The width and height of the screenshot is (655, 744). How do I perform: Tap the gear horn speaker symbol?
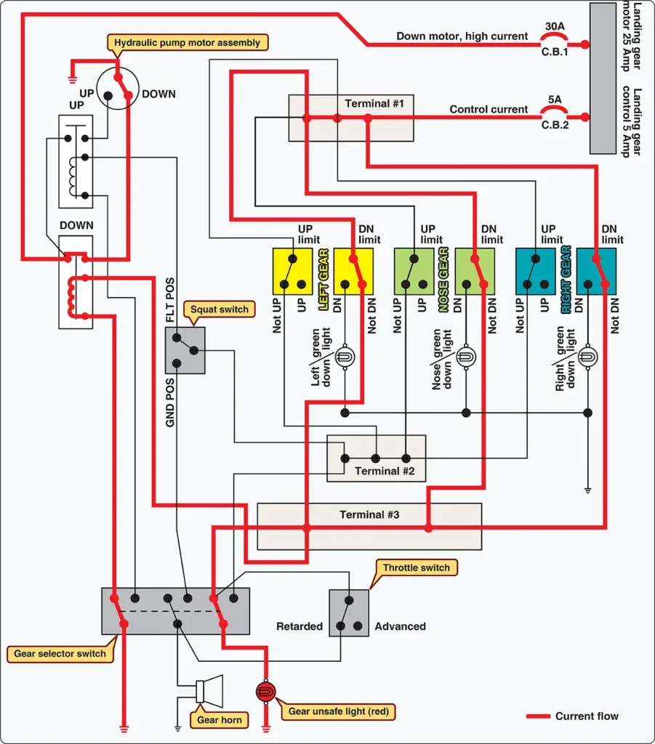pos(209,689)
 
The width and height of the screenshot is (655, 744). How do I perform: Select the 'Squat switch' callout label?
pos(220,310)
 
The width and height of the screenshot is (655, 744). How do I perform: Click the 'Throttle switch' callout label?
pos(417,567)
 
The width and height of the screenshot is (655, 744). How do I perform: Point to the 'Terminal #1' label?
pos(374,103)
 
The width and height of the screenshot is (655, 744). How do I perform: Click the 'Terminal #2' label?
pos(385,471)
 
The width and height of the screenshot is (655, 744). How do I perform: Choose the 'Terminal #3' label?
pos(369,515)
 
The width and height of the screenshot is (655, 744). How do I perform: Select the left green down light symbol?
pos(345,357)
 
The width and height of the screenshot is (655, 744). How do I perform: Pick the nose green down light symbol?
pos(466,357)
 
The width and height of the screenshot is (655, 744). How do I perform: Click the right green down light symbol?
pos(587,357)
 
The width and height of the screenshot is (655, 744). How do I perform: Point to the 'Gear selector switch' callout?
pos(60,653)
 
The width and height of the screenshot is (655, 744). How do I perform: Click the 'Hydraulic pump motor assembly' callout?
pos(187,43)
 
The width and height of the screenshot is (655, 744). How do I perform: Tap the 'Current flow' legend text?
pos(587,716)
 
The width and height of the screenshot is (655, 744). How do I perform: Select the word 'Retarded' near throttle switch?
pos(300,626)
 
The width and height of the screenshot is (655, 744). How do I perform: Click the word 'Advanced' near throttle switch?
pos(400,626)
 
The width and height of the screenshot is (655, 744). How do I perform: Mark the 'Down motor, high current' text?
pos(462,36)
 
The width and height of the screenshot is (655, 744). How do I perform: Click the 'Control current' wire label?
pos(489,109)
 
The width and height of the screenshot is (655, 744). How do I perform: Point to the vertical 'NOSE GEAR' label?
pos(443,280)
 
